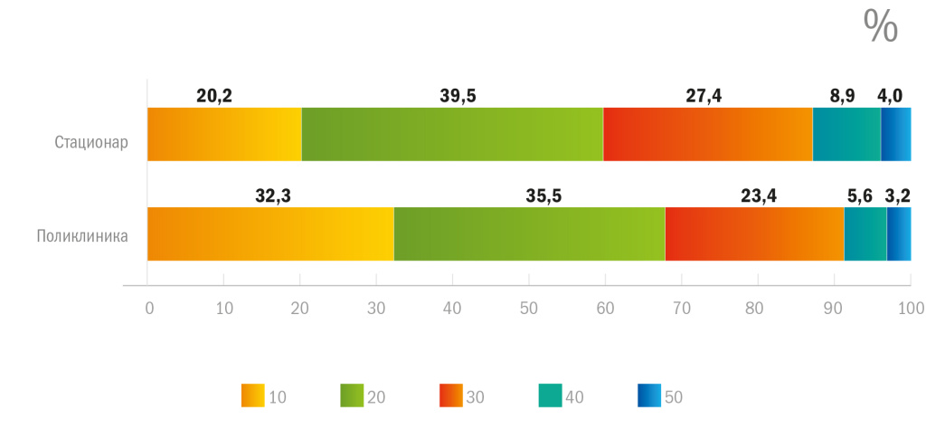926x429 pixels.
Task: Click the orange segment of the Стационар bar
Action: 224,134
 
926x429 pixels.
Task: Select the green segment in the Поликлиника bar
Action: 529,234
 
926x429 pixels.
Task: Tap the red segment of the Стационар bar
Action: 707,134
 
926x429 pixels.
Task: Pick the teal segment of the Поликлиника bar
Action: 865,234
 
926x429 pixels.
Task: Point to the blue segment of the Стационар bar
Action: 895,134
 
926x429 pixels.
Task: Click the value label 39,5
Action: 458,95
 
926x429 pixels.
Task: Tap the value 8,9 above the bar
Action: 842,95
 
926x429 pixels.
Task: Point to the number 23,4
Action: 758,194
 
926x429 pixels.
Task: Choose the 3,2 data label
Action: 898,194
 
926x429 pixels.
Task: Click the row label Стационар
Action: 91,142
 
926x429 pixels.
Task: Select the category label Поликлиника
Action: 82,237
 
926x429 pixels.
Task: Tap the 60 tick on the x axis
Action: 605,308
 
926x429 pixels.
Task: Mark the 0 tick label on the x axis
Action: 149,308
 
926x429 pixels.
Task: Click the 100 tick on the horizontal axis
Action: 910,308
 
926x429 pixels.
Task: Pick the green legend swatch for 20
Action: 352,396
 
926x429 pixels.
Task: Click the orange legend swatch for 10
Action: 253,396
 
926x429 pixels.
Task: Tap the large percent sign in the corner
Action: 881,27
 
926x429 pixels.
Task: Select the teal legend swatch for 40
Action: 550,396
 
